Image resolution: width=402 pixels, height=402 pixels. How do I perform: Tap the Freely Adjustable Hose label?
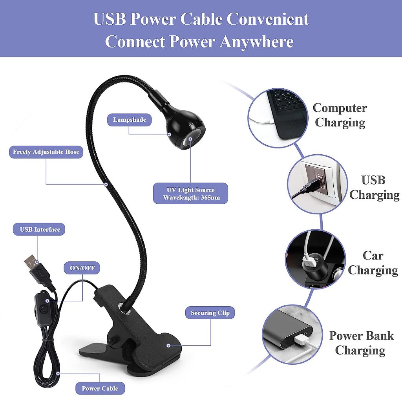(46, 152)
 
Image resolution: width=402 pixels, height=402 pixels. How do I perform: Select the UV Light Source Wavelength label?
(190, 194)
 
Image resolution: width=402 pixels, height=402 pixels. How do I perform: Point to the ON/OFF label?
(82, 269)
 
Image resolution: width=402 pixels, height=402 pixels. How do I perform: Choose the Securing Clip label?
(210, 312)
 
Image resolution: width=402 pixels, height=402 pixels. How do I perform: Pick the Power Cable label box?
(100, 388)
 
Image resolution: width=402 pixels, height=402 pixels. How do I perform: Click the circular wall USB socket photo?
(317, 183)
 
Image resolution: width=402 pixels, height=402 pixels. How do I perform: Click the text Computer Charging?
(340, 115)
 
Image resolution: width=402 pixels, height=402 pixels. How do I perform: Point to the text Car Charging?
(373, 263)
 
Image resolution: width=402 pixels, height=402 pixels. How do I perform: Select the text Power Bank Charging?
(361, 343)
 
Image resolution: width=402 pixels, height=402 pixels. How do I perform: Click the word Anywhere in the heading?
(257, 42)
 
